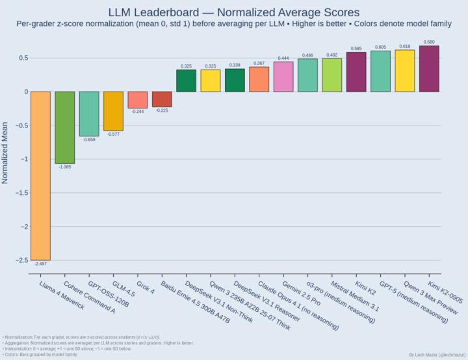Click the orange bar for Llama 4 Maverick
coord(40,175)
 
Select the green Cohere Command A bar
coord(64,127)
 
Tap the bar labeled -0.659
coord(89,114)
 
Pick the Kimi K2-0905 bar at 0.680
coord(429,69)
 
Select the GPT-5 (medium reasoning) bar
coord(380,71)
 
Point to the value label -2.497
coord(40,264)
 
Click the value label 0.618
coord(405,47)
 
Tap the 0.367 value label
coord(259,63)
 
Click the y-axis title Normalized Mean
coord(6,153)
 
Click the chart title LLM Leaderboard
coord(233,12)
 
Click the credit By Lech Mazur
coord(436,355)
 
